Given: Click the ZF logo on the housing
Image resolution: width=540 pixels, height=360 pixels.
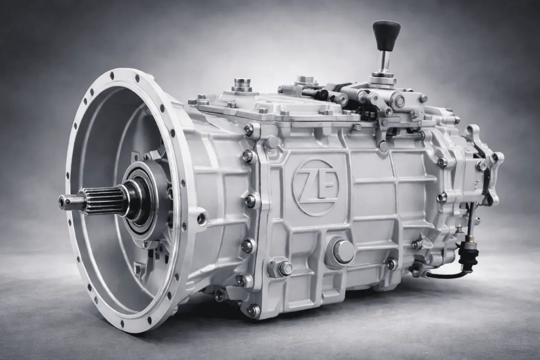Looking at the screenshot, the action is click(315, 186).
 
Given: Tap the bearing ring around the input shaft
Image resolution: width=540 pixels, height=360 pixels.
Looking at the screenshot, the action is click(142, 201).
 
